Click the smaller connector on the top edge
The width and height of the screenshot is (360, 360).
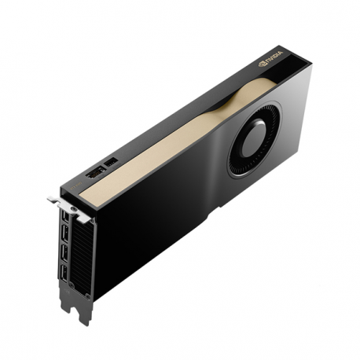tap(111, 163)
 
